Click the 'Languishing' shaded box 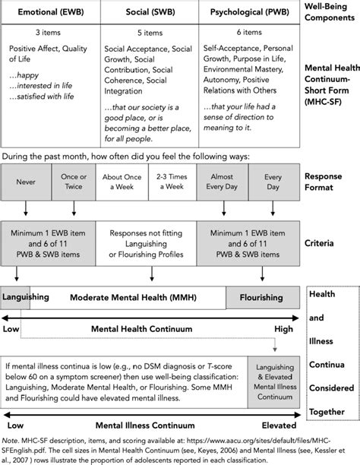pos(17,297)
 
